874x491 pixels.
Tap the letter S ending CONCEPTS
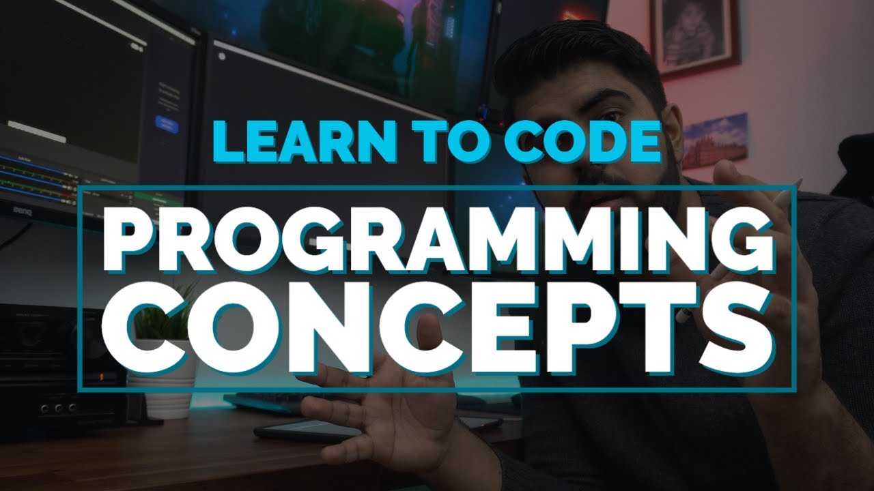coord(737,335)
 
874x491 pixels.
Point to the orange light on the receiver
coord(101,376)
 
